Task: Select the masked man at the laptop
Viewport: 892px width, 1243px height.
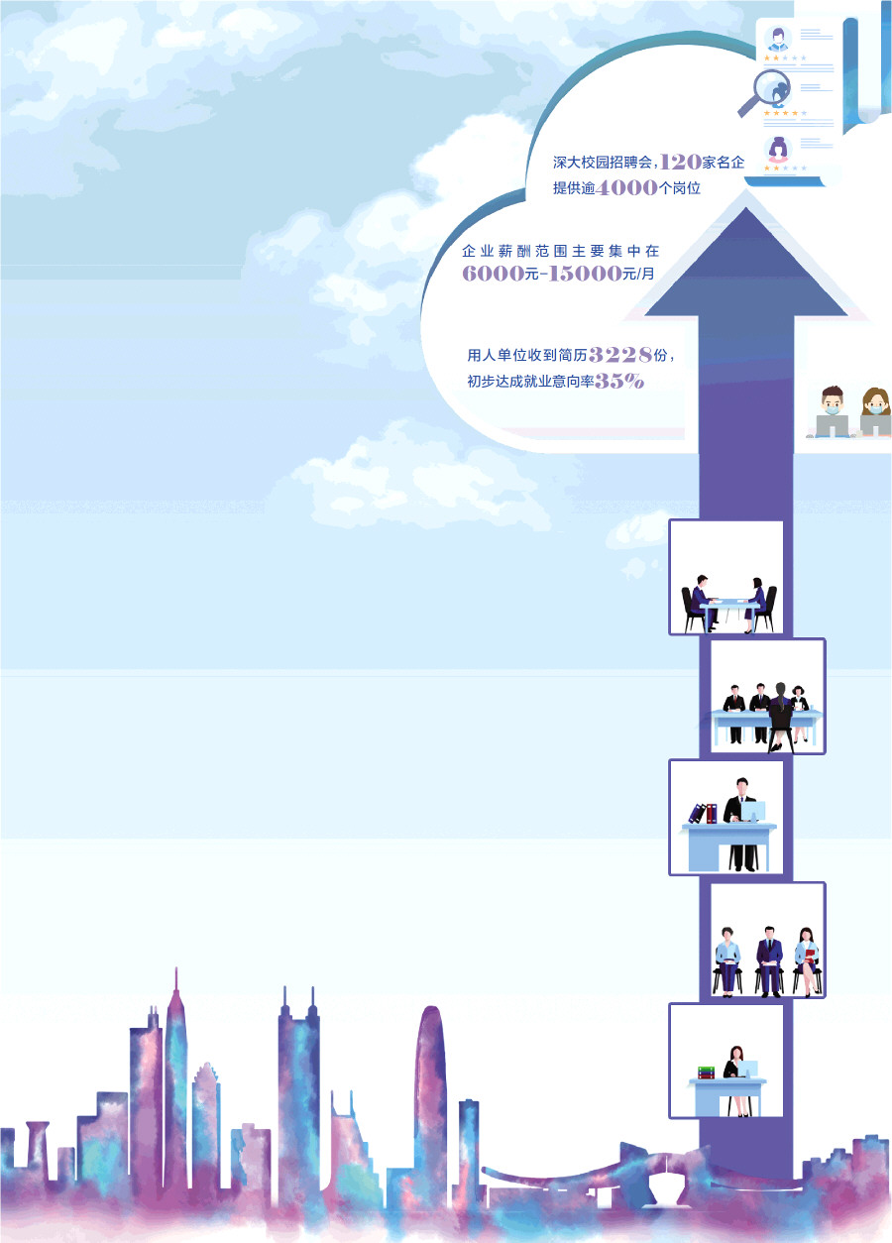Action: coord(832,409)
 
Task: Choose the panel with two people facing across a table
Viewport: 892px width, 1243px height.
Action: coord(726,578)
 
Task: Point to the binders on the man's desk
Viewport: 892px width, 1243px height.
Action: coord(703,813)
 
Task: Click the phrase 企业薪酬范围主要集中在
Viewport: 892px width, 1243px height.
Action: coord(560,251)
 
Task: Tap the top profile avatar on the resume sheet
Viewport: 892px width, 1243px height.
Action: coord(778,41)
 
